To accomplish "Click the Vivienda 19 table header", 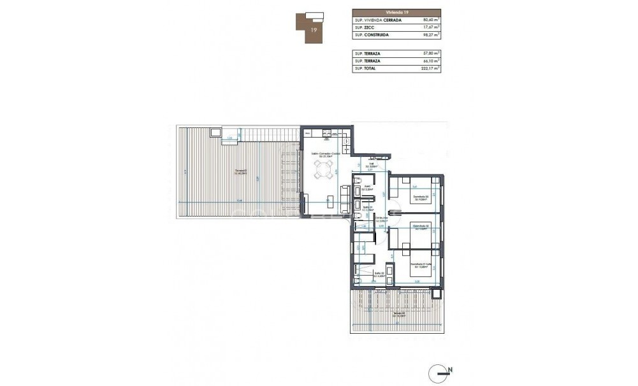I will (396, 12).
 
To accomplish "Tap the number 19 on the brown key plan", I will (313, 29).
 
